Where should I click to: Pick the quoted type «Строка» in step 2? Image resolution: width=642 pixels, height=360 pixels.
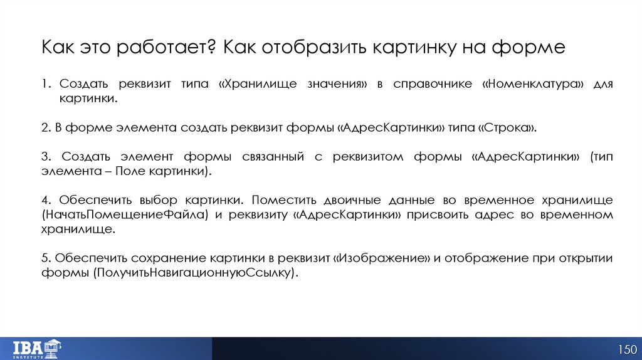[x=507, y=127]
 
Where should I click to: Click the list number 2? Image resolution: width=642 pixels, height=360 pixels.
[x=46, y=127]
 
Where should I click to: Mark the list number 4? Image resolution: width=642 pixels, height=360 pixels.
[x=46, y=201]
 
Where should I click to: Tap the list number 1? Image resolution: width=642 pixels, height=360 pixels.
[x=45, y=84]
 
